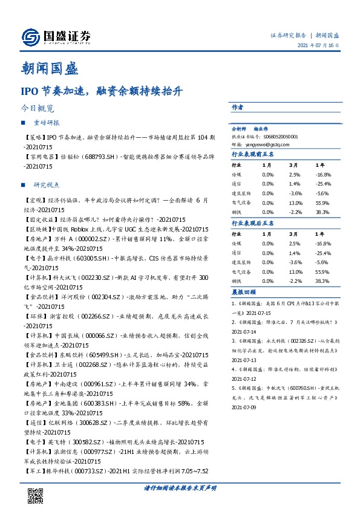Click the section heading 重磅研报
(x=47, y=123)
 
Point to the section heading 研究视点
(x=47, y=184)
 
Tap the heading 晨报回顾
(x=246, y=292)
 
